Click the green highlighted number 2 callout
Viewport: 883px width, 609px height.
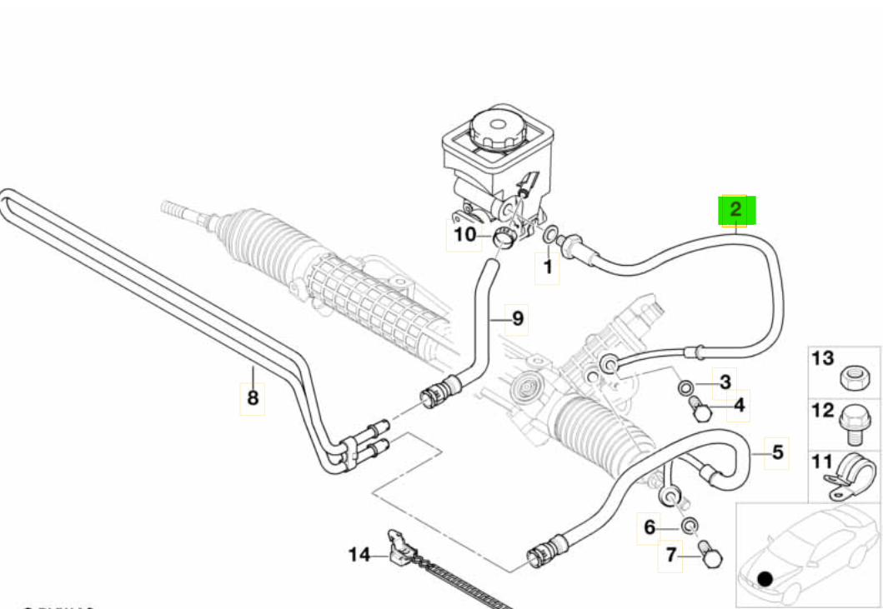(x=736, y=210)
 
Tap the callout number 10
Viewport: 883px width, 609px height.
(x=465, y=234)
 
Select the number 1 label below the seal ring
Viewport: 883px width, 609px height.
(x=547, y=267)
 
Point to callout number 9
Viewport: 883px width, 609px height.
(x=518, y=318)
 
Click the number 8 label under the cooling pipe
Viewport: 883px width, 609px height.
(x=253, y=397)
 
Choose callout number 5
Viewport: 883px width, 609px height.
(x=778, y=452)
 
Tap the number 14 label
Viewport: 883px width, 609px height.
(x=359, y=555)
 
